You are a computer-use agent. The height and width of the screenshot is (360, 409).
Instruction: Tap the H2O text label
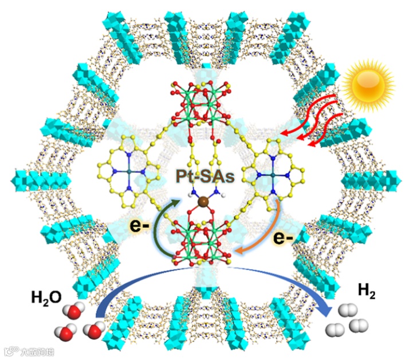46,298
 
